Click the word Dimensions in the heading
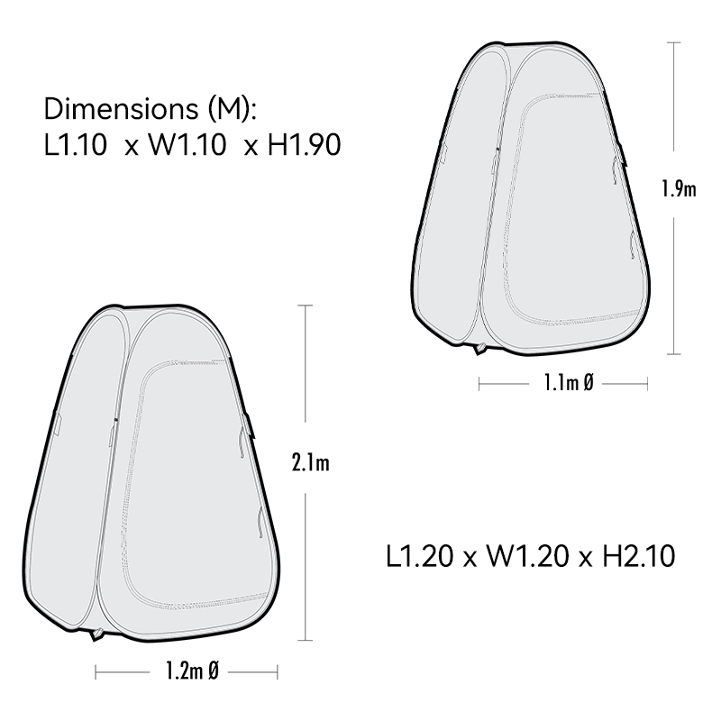pos(121,109)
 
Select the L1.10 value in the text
pos(76,145)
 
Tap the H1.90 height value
pos(304,145)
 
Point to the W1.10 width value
pos(187,145)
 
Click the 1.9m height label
pos(680,188)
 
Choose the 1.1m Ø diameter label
pos(569,382)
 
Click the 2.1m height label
pos(311,462)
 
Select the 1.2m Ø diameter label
pos(192,671)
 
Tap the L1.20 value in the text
pos(419,556)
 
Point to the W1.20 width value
pos(527,556)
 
